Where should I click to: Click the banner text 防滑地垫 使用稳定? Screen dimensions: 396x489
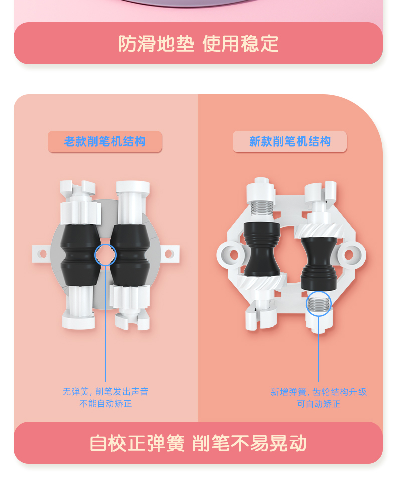tap(198, 43)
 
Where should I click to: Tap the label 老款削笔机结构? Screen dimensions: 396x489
tap(105, 141)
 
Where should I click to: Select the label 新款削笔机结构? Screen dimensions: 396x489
tap(290, 141)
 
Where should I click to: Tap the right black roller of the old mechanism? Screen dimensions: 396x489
tap(130, 255)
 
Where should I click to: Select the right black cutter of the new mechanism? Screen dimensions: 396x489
tap(319, 263)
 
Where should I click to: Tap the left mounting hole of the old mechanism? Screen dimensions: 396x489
tap(42, 254)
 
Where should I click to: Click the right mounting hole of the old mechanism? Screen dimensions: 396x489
tap(169, 254)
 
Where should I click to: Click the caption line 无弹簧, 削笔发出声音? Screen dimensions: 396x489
tap(105, 391)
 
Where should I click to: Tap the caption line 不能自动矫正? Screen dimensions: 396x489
tap(105, 404)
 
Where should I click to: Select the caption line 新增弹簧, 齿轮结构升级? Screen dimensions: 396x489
tap(319, 392)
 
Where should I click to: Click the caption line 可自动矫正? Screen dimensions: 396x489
tap(319, 404)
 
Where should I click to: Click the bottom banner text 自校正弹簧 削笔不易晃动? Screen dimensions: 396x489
tap(198, 443)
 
